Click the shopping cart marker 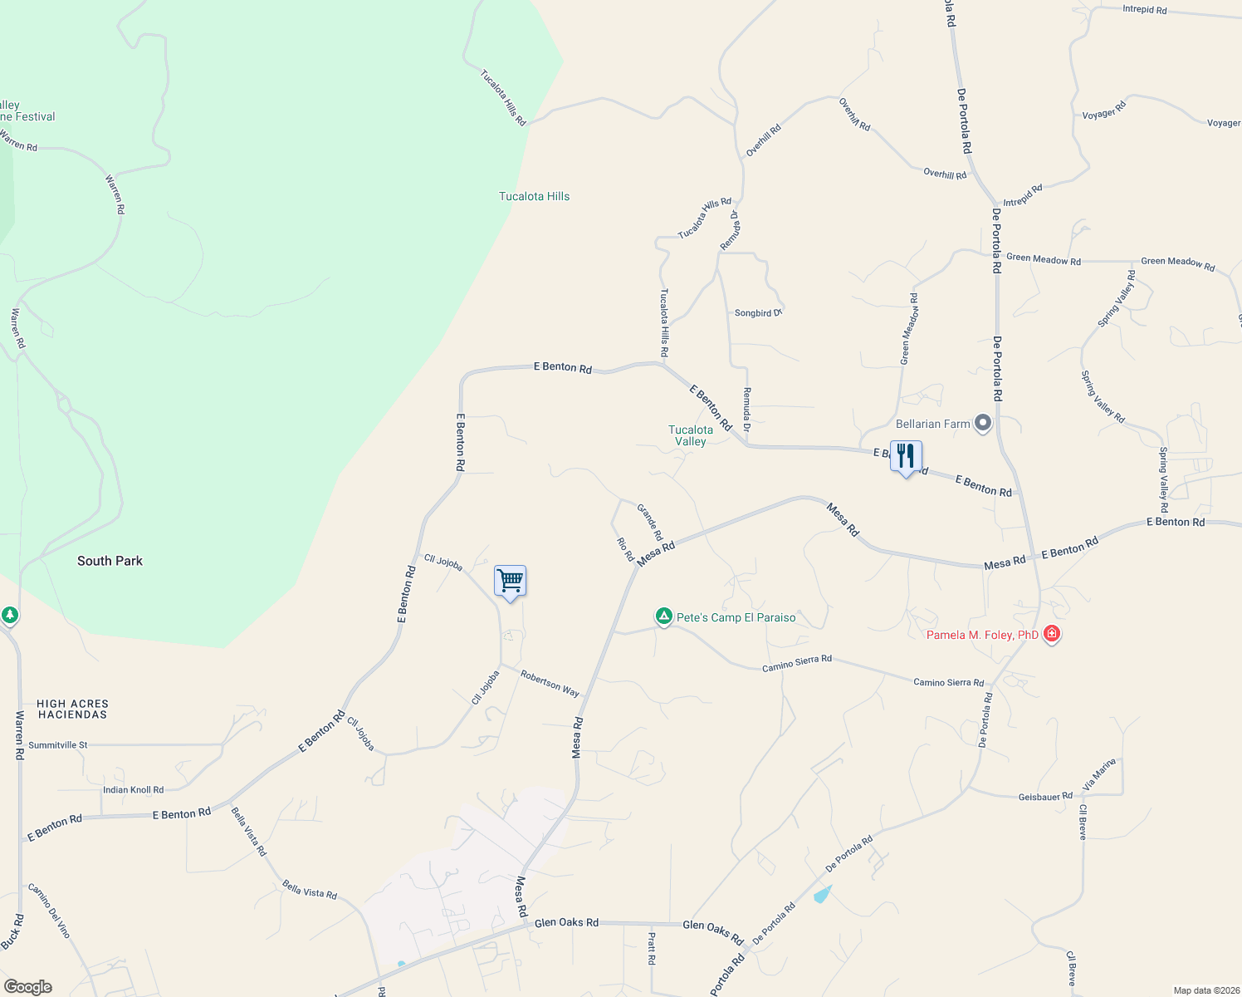pyautogui.click(x=510, y=581)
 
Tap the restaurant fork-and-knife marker pyautogui.click(x=906, y=456)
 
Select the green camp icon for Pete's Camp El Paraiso pyautogui.click(x=663, y=616)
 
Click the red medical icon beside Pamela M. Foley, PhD pyautogui.click(x=1052, y=634)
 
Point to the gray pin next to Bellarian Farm pyautogui.click(x=983, y=423)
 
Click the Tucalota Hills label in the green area pyautogui.click(x=534, y=196)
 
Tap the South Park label pyautogui.click(x=110, y=561)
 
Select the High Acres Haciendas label pyautogui.click(x=72, y=709)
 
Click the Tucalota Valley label pyautogui.click(x=691, y=435)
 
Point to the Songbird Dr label pyautogui.click(x=758, y=313)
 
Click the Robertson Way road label pyautogui.click(x=550, y=683)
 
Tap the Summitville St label pyautogui.click(x=58, y=745)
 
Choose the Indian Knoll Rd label pyautogui.click(x=133, y=790)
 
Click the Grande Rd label pyautogui.click(x=649, y=521)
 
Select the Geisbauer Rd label pyautogui.click(x=1045, y=797)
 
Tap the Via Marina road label pyautogui.click(x=1099, y=774)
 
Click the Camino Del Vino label pyautogui.click(x=49, y=911)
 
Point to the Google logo pyautogui.click(x=28, y=987)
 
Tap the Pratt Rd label pyautogui.click(x=652, y=948)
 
